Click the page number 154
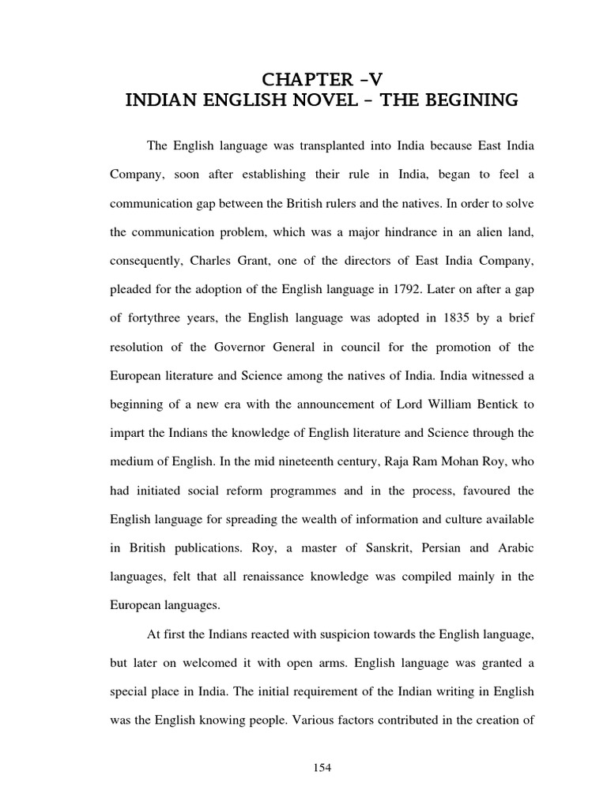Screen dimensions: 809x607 (x=320, y=772)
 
